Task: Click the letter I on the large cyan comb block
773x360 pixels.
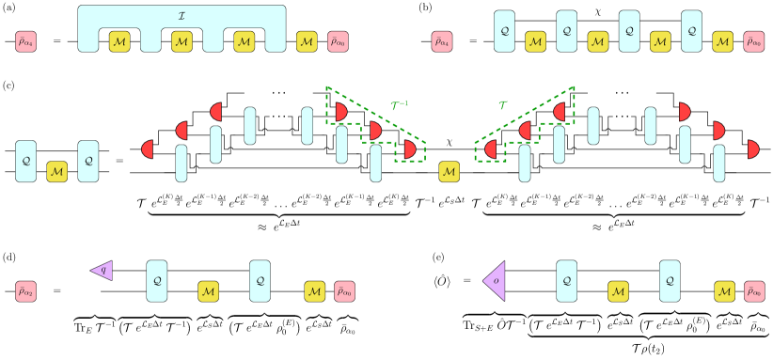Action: (x=181, y=16)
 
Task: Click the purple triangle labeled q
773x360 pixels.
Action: (x=103, y=271)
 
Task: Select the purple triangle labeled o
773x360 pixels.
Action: (x=496, y=281)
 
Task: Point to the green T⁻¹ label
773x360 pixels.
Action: (x=400, y=106)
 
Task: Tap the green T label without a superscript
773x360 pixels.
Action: (x=502, y=106)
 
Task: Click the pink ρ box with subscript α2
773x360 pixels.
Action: (x=25, y=291)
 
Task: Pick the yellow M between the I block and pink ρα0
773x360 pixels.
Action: (x=307, y=41)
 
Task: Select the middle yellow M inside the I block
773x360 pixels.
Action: (x=181, y=41)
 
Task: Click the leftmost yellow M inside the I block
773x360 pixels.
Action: (x=119, y=41)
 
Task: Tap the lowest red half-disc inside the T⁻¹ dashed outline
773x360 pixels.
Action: (x=409, y=149)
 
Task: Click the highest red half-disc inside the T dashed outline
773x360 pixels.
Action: (x=560, y=112)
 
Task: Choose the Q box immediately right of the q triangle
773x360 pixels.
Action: (x=157, y=281)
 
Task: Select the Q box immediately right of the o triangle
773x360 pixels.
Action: (x=567, y=281)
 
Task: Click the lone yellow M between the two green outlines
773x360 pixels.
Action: (x=450, y=172)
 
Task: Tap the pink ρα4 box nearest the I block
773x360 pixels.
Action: (x=25, y=41)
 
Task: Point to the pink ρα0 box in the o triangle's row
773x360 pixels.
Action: (x=754, y=291)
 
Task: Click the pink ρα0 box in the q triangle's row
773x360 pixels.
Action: (x=345, y=291)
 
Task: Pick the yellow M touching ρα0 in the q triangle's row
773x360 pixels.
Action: (x=315, y=291)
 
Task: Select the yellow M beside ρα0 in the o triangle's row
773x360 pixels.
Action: (x=724, y=291)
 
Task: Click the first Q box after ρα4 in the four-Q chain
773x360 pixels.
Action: (x=505, y=31)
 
